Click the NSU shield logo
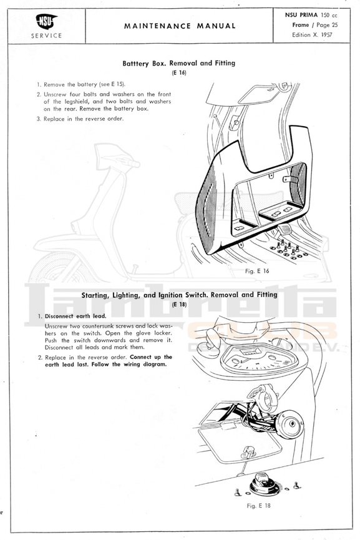[x=46, y=21]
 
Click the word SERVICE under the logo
[x=46, y=36]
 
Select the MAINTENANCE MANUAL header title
[x=180, y=26]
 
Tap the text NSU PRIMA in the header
[x=301, y=15]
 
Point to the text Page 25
[x=327, y=25]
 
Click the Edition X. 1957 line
[x=312, y=35]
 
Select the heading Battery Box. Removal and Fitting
[x=179, y=63]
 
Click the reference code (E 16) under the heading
[x=179, y=72]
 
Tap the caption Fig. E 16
[x=257, y=271]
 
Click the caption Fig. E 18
[x=258, y=506]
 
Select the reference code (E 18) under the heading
[x=179, y=304]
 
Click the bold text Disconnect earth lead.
[x=75, y=316]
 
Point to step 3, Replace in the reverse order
[x=80, y=119]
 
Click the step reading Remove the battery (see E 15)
[x=81, y=84]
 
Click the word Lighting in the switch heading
[x=126, y=295]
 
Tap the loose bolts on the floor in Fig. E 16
[x=288, y=250]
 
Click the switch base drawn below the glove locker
[x=265, y=484]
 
